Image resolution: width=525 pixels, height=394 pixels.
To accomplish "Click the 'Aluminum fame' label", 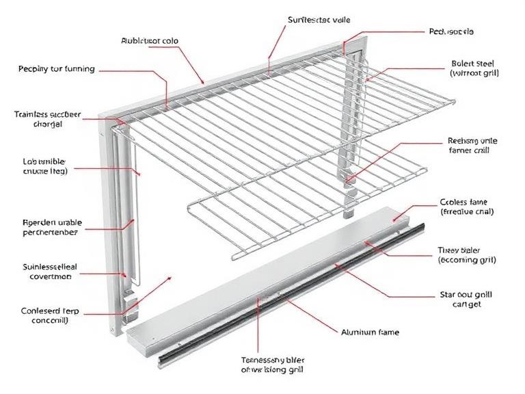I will pos(370,332).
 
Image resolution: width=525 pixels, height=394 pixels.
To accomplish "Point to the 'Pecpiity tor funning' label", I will pos(56,69).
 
